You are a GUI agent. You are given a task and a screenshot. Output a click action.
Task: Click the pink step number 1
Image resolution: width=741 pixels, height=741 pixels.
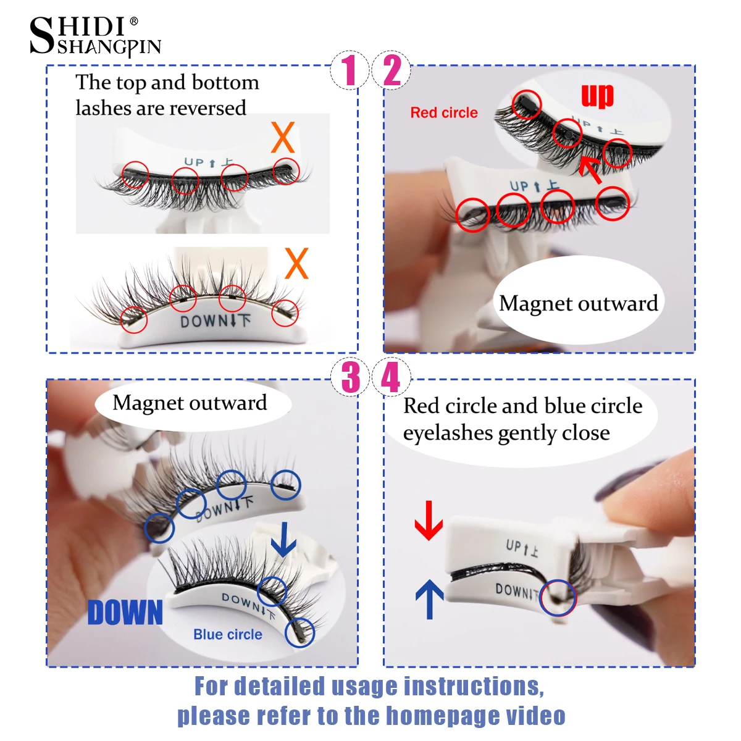[x=350, y=70]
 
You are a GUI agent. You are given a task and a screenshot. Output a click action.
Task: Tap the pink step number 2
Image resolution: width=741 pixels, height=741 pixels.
[x=392, y=70]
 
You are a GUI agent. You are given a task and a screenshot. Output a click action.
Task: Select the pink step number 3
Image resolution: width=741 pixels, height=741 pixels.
[x=350, y=377]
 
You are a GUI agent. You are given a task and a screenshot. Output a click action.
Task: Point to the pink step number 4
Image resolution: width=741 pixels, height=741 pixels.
[x=390, y=377]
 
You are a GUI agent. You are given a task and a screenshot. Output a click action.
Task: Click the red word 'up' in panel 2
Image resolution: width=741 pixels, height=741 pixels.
[x=597, y=96]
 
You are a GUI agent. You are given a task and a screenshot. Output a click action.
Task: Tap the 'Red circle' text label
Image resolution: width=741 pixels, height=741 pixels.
[x=444, y=113]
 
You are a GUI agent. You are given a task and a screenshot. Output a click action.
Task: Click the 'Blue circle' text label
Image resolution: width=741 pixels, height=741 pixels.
[x=228, y=635]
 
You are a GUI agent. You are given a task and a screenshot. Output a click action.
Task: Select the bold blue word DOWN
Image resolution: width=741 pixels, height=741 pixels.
[x=125, y=613]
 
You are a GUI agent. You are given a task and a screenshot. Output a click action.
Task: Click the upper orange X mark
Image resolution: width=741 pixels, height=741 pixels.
[x=283, y=137]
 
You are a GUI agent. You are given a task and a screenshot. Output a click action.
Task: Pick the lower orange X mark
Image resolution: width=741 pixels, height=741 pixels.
[x=296, y=264]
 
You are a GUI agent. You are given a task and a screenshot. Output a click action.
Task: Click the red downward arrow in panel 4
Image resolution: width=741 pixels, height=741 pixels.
[x=429, y=521]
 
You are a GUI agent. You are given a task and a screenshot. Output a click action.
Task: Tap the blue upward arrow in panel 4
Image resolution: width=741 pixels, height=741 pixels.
[x=430, y=599]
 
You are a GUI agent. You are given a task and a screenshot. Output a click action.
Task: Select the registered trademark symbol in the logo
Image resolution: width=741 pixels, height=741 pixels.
[x=134, y=22]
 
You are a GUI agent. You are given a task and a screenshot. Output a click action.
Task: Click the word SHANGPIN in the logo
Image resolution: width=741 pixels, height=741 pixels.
[x=109, y=48]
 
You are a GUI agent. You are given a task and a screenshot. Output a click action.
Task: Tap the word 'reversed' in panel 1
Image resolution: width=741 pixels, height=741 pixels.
[x=210, y=108]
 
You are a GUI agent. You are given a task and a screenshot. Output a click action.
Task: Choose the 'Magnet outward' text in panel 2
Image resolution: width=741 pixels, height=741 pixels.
[x=578, y=303]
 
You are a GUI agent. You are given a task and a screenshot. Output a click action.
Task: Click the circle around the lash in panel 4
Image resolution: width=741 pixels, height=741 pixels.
[x=558, y=597]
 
